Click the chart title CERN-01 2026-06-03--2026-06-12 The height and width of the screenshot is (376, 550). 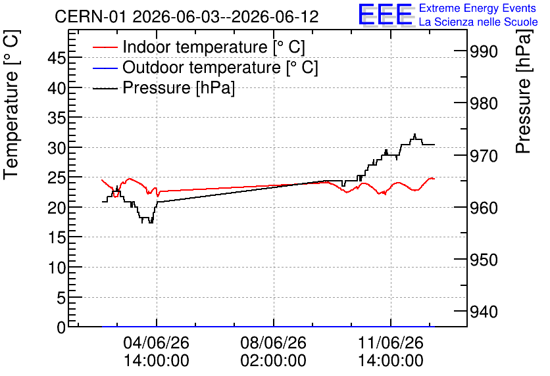187,16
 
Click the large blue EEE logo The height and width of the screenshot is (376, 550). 386,14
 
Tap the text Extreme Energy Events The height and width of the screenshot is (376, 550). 478,8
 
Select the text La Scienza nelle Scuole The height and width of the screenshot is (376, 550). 478,22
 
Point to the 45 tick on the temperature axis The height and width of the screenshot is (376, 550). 57,58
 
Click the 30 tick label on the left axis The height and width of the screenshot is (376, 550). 57,148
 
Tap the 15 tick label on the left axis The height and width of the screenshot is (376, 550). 57,238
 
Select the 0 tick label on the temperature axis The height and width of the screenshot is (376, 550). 61,327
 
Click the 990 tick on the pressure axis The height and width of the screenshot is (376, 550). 484,52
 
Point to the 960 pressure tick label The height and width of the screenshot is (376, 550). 484,208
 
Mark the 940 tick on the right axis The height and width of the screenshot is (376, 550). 484,312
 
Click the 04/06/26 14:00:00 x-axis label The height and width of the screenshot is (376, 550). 157,352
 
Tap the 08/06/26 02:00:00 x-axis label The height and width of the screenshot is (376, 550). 273,352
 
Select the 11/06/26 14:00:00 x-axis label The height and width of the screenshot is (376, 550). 390,352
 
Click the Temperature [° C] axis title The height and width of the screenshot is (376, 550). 11,105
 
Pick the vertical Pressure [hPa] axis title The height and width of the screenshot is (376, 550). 524,91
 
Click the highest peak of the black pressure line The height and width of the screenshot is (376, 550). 414,134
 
